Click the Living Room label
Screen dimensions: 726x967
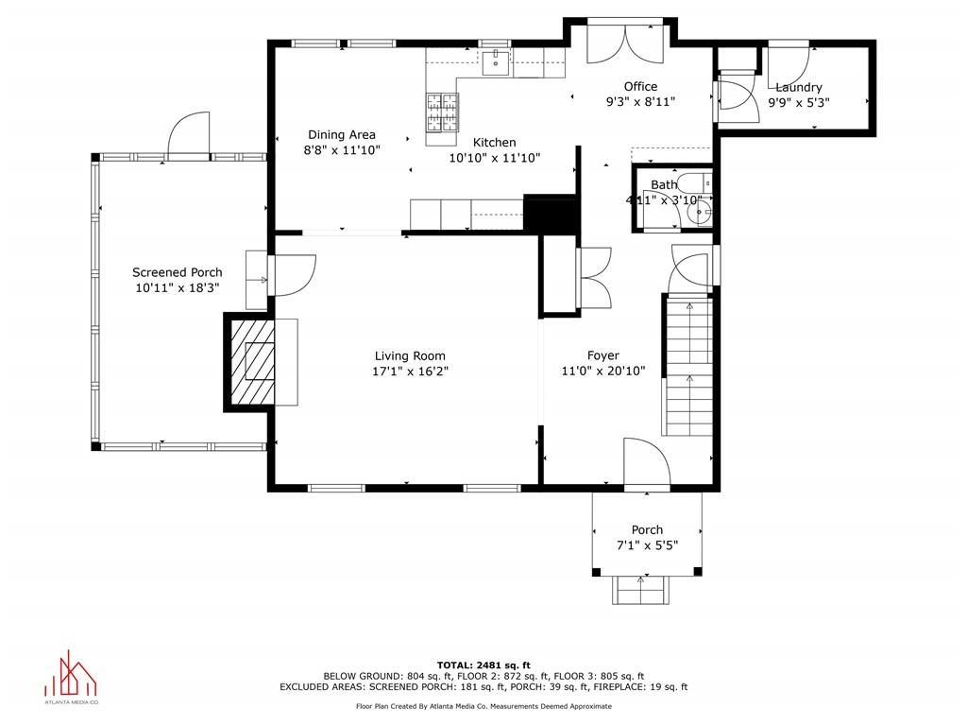409,356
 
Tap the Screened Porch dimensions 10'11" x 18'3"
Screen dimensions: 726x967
177,288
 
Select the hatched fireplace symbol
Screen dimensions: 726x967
251,362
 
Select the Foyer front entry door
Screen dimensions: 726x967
646,463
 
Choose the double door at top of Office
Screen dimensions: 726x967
620,42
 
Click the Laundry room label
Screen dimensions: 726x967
798,87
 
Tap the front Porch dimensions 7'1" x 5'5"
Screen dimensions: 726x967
647,545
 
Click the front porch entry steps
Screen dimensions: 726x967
641,591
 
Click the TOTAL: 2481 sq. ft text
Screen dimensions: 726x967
483,665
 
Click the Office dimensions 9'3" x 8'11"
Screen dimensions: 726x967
639,102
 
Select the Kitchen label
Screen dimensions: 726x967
494,142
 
